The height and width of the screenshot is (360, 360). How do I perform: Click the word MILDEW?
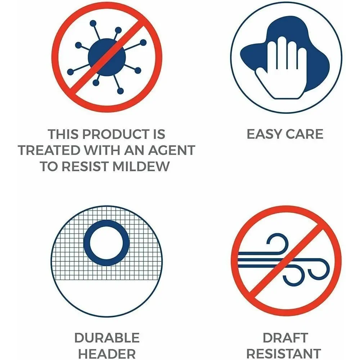(141, 166)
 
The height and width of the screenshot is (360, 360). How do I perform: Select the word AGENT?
(172, 150)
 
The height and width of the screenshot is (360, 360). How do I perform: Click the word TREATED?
(49, 150)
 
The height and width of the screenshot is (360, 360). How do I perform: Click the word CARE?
(305, 134)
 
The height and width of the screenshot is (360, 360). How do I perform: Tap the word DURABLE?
(107, 338)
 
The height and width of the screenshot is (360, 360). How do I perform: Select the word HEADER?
(107, 354)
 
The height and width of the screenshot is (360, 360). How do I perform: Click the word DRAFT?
(285, 338)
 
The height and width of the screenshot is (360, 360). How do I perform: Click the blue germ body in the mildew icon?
(107, 57)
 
